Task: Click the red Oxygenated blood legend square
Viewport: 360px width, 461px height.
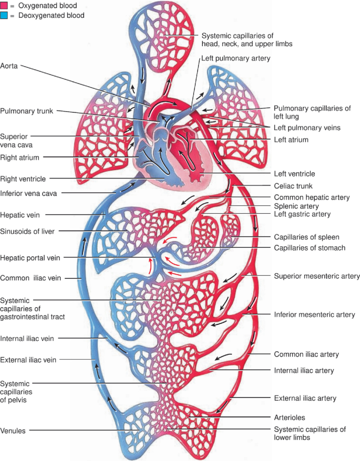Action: point(5,5)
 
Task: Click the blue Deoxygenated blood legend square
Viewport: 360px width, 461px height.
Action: point(5,15)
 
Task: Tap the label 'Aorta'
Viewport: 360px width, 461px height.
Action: point(11,67)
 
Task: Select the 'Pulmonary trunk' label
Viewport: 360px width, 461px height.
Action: point(26,111)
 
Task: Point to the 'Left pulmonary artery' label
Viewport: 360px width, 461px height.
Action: point(235,59)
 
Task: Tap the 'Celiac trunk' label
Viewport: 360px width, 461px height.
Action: point(293,186)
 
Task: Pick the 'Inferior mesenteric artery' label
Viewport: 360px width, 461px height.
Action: point(314,315)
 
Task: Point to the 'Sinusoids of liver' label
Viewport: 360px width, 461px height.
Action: point(27,230)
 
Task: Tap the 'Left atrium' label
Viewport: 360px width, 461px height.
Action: point(291,139)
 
